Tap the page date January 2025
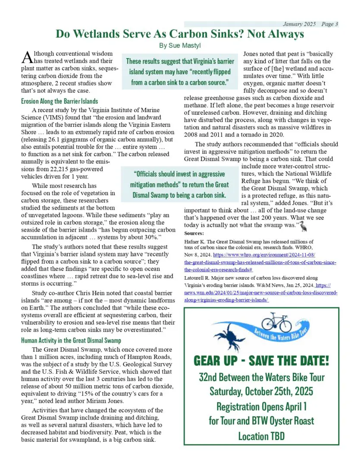click(299, 24)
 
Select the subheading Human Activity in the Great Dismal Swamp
click(71, 340)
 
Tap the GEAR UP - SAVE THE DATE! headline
click(261, 360)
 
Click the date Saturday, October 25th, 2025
click(261, 391)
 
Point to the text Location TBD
click(261, 435)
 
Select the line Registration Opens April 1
click(261, 406)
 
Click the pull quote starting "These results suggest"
click(180, 71)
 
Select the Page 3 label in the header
click(330, 24)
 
